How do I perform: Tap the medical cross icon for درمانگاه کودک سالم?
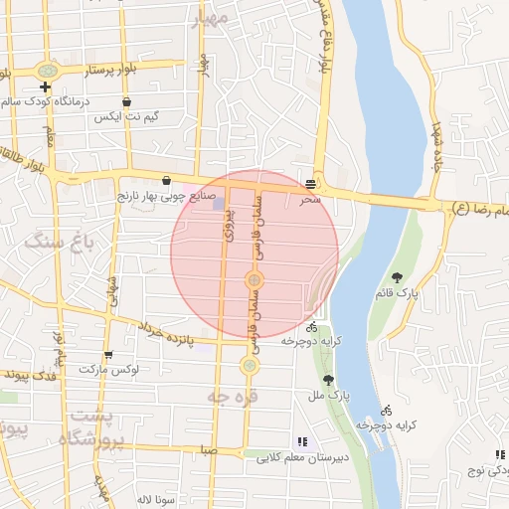pos(45,87)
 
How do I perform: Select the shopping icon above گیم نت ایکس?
pos(126,101)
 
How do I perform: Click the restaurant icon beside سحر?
pos(312,184)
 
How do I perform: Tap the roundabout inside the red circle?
pos(254,282)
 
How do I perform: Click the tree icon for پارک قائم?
pos(398,277)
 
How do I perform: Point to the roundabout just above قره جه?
pos(249,366)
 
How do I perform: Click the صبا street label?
pos(207,450)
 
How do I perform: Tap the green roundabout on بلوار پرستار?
pos(47,72)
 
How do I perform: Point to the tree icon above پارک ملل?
pos(328,380)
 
